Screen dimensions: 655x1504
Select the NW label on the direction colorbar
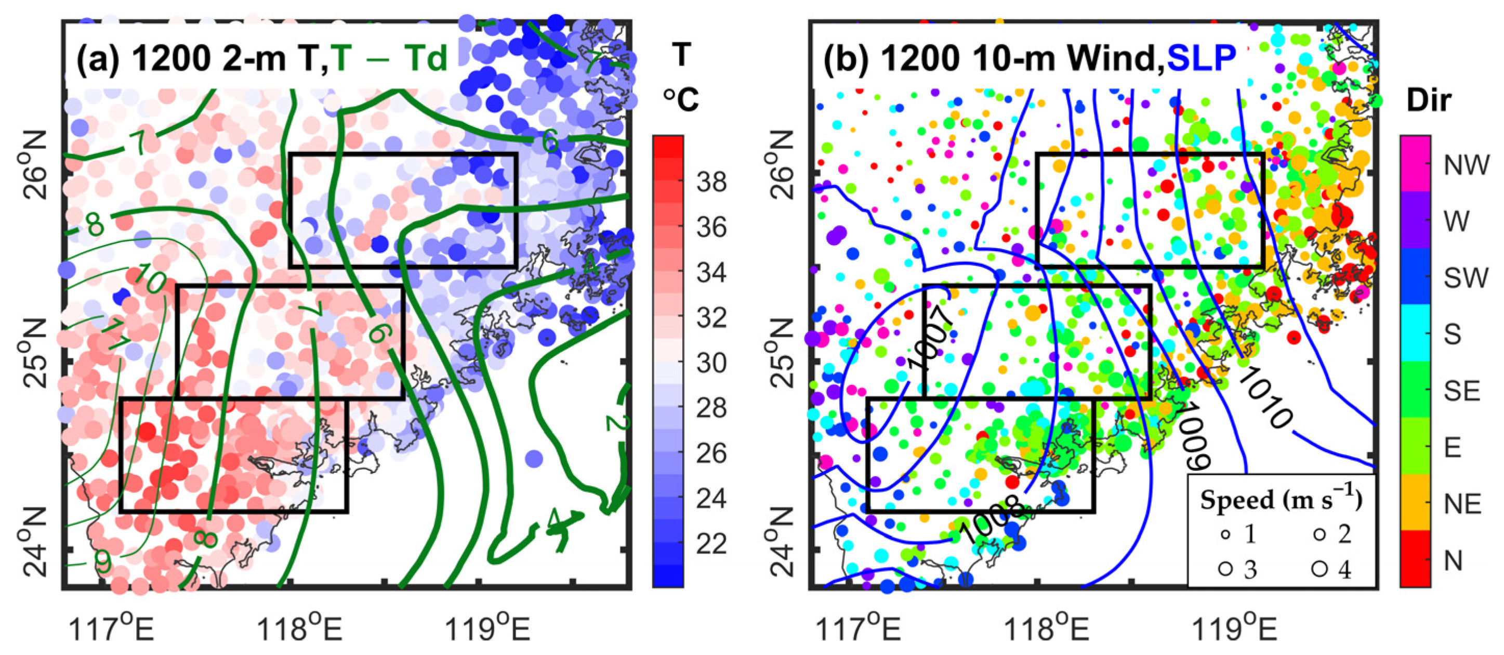[x=1466, y=165]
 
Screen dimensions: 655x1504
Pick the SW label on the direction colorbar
[x=1466, y=278]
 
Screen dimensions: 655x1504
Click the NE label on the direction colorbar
[x=1463, y=504]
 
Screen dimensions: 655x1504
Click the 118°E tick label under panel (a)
[x=299, y=630]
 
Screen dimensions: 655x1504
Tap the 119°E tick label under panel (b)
[x=1234, y=630]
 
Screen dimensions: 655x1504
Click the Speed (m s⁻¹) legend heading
[x=1281, y=500]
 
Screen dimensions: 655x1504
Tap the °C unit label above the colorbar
[x=681, y=99]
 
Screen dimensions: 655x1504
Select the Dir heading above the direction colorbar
[x=1428, y=100]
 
